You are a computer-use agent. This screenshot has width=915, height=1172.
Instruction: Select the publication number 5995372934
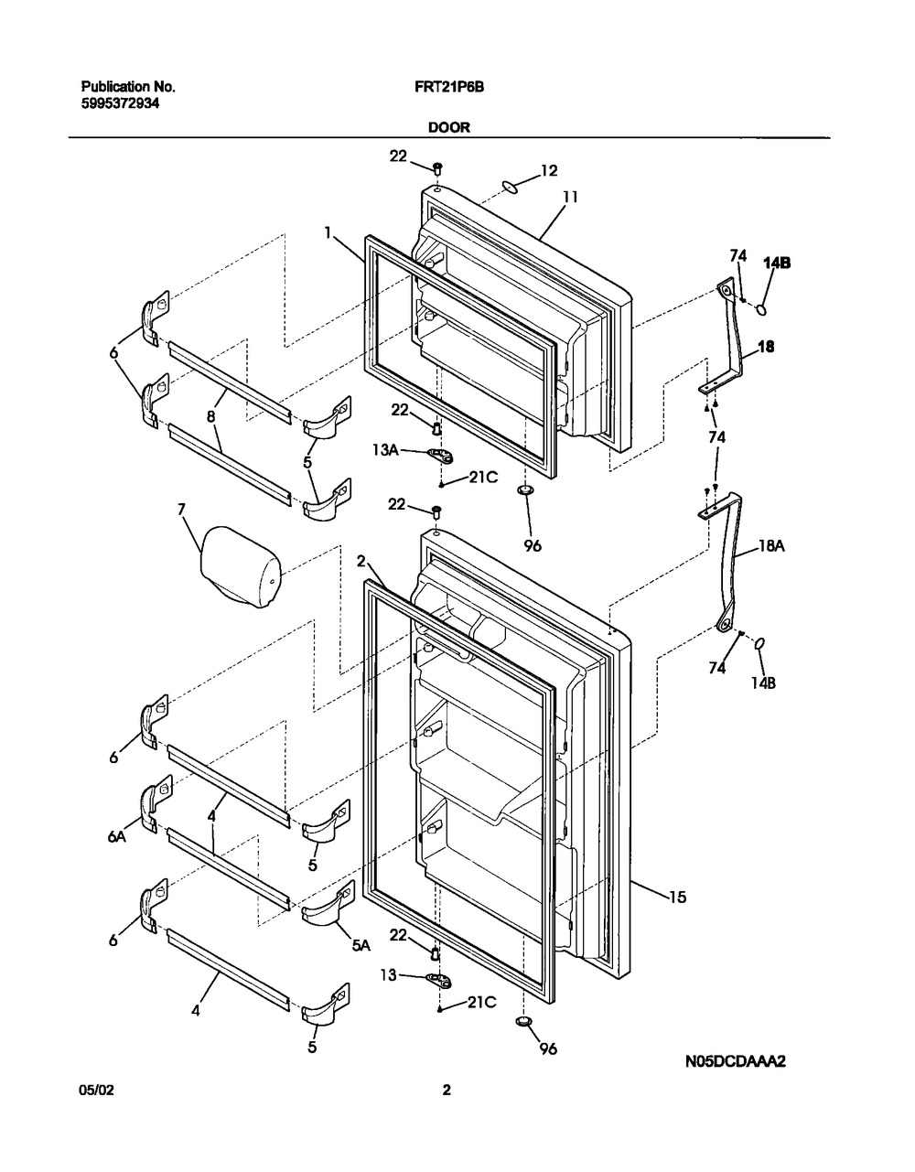point(120,103)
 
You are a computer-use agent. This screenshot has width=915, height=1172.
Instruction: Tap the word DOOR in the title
point(449,128)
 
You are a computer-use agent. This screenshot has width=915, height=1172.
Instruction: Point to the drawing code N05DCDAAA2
point(735,1061)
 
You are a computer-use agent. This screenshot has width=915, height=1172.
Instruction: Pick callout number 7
point(181,509)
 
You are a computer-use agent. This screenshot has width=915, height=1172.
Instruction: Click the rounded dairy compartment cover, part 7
point(242,566)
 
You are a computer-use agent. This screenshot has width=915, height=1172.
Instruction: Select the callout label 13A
point(385,449)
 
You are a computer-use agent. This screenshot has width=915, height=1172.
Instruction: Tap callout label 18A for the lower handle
point(771,546)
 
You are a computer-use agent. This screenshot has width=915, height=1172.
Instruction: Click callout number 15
point(678,897)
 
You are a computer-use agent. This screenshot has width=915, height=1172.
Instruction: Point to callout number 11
point(570,198)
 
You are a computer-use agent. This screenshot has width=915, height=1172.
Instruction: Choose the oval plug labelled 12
point(510,186)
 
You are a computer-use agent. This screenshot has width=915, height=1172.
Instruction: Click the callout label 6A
point(116,836)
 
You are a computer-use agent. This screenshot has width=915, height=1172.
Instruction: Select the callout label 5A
point(361,945)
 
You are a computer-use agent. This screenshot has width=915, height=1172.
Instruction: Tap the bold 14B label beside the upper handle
point(777,263)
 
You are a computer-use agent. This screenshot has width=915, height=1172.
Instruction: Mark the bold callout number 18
point(766,347)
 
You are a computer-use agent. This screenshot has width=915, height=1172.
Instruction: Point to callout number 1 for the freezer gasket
point(328,232)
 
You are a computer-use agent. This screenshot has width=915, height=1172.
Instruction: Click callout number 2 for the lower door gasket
point(361,562)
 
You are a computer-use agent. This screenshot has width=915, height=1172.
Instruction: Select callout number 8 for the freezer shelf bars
point(210,416)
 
